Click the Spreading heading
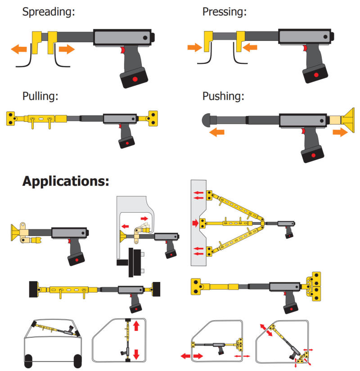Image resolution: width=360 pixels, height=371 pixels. click(x=48, y=12)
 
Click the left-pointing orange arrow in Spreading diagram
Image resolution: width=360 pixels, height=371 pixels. click(x=19, y=49)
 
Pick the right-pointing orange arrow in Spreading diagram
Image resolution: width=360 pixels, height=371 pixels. click(x=66, y=49)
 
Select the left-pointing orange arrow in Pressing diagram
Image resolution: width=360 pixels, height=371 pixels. click(x=250, y=47)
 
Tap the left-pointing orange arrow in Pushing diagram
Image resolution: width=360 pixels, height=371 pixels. click(x=218, y=132)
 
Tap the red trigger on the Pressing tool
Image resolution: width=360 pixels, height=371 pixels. click(x=305, y=48)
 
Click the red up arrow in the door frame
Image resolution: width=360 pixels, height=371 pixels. click(x=136, y=325)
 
